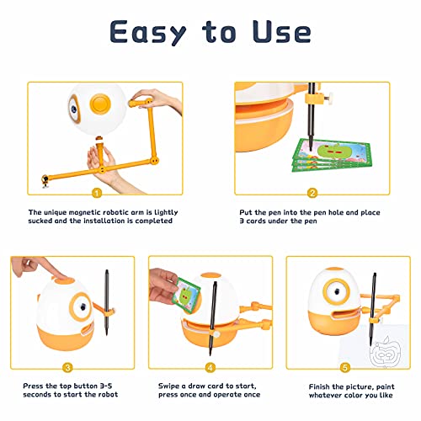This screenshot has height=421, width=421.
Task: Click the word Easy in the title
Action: (147, 32)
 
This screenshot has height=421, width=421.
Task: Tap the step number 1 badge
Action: (97, 194)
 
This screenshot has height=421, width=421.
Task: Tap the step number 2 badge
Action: (312, 193)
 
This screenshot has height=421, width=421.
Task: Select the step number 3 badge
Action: (67, 368)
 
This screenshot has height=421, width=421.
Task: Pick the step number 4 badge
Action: (210, 368)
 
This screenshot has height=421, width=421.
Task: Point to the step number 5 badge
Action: (345, 368)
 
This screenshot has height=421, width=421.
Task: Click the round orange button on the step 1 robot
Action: (100, 104)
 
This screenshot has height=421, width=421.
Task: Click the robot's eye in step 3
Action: (82, 306)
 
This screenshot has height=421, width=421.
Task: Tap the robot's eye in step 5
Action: (336, 292)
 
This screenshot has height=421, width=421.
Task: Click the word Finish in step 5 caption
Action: (319, 386)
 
